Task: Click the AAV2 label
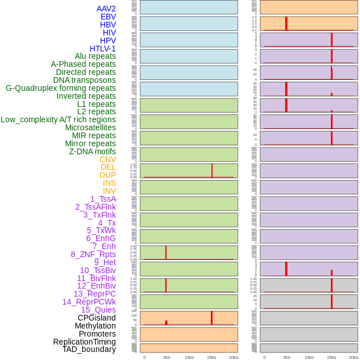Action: point(106,9)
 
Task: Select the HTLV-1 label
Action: point(102,49)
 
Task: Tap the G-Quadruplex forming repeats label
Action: point(61,88)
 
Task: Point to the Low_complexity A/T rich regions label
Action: point(58,119)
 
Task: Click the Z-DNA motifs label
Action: point(92,151)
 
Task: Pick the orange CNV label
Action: point(107,159)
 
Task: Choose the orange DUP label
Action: point(107,175)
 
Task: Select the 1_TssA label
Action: point(103,199)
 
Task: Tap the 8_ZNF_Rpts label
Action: point(93,254)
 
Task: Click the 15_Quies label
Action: point(98,310)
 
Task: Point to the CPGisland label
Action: point(97,318)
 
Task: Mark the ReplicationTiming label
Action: point(85,342)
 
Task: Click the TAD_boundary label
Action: point(89,349)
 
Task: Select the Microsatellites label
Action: point(90,127)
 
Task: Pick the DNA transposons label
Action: point(85,80)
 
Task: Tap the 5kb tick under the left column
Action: point(167,357)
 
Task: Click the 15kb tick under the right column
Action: point(331,357)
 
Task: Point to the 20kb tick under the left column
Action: point(233,357)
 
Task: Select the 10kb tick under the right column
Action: point(309,357)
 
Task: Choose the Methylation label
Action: point(95,326)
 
